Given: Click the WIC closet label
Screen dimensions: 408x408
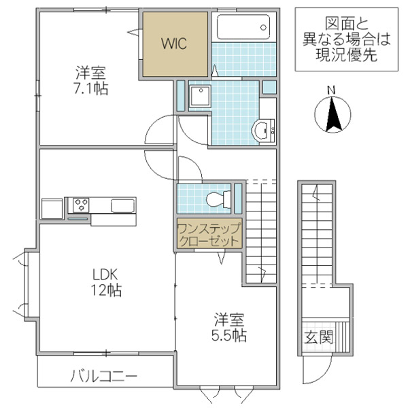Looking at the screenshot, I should pyautogui.click(x=174, y=43).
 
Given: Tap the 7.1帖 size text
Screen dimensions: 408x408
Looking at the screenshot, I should pyautogui.click(x=91, y=88).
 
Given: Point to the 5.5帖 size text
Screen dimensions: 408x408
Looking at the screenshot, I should pyautogui.click(x=228, y=335).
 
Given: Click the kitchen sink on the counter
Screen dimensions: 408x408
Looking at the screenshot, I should pyautogui.click(x=123, y=205).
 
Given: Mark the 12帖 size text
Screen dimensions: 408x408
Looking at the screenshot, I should pyautogui.click(x=107, y=291).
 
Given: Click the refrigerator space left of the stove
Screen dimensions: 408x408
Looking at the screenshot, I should pyautogui.click(x=52, y=208).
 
